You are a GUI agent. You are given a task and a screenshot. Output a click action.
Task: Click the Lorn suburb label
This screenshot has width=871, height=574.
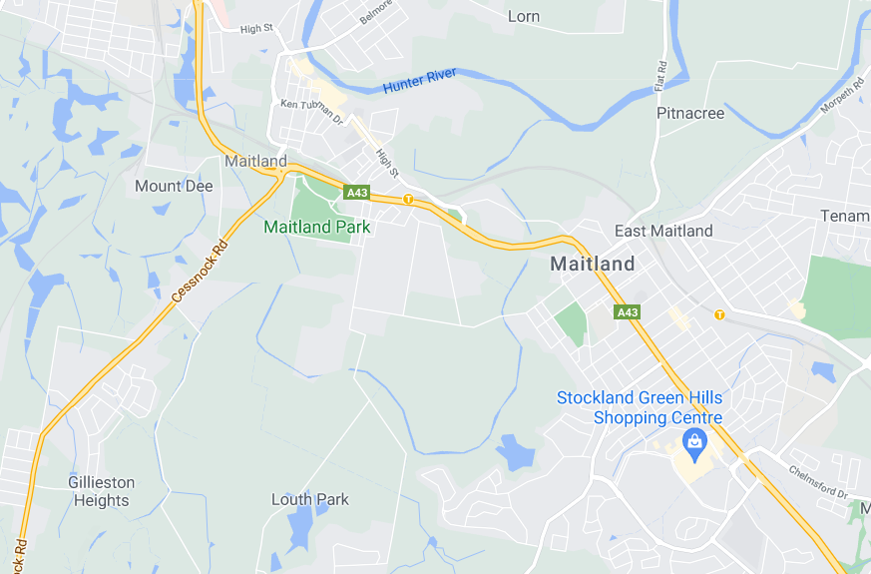tap(524, 16)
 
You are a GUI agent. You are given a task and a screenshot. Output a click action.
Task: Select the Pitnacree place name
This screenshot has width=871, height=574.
tap(690, 113)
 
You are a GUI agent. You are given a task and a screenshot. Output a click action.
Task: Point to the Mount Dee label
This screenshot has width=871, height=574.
tap(174, 186)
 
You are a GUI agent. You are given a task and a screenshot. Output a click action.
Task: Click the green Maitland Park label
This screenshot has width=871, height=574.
tap(316, 227)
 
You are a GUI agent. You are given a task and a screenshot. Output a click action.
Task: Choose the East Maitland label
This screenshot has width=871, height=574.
tap(663, 231)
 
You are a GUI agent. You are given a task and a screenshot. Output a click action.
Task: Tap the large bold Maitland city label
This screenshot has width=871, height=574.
tap(593, 264)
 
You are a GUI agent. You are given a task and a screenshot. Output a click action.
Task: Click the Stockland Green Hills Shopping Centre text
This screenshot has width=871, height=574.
tap(640, 407)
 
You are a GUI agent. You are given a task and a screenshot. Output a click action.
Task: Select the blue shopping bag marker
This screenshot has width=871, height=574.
tap(693, 440)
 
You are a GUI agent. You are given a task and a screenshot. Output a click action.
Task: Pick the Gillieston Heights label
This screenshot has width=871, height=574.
tap(101, 491)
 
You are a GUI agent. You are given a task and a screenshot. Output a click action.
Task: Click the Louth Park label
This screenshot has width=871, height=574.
tap(310, 499)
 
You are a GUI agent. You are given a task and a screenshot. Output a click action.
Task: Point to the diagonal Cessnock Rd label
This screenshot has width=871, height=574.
tap(199, 271)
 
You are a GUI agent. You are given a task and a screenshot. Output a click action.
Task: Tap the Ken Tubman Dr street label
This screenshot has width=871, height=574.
tap(311, 110)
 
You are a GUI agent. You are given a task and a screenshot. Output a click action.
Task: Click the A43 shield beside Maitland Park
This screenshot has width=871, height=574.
tap(356, 191)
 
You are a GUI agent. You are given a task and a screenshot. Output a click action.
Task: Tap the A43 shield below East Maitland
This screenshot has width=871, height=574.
tap(627, 312)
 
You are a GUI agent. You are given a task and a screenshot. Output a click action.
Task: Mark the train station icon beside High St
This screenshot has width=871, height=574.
tap(408, 200)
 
